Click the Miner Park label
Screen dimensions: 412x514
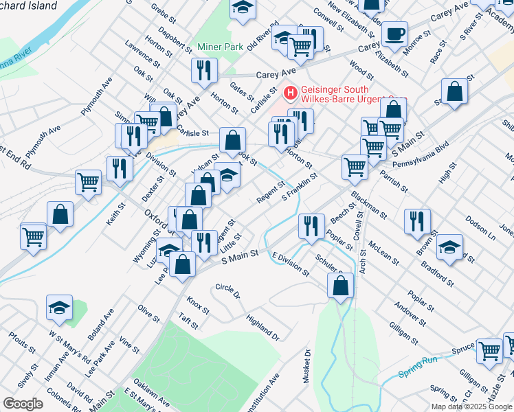click(221, 47)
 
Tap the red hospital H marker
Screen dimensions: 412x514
click(291, 91)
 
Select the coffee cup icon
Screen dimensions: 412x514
click(394, 35)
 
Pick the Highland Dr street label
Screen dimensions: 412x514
click(262, 328)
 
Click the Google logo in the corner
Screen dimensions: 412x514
click(23, 404)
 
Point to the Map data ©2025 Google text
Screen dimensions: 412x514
click(471, 407)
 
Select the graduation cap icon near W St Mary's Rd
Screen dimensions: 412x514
click(60, 309)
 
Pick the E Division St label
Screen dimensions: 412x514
click(291, 264)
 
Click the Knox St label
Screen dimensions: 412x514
click(197, 302)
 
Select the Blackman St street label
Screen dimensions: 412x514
click(370, 200)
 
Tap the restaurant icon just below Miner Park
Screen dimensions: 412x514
click(205, 70)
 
